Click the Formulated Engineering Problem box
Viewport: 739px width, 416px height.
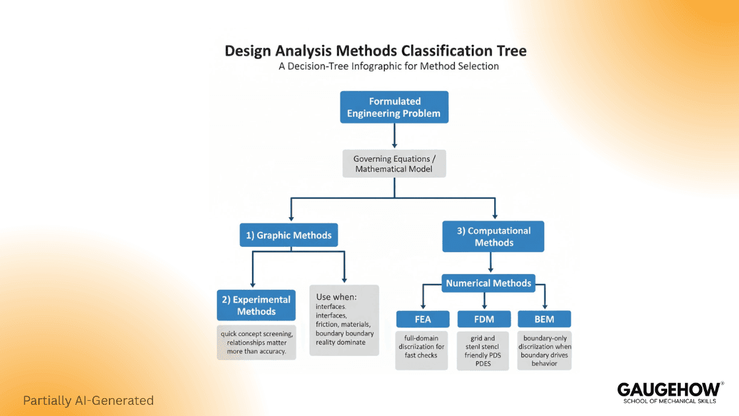click(394, 108)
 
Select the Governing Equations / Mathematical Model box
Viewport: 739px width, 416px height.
click(394, 164)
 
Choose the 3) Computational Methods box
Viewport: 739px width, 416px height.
click(494, 236)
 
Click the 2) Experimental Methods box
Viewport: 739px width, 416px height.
click(256, 305)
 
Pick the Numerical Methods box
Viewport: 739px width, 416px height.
click(488, 283)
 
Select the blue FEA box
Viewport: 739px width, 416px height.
click(422, 320)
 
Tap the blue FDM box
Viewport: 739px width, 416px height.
click(484, 320)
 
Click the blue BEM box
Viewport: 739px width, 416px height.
click(544, 320)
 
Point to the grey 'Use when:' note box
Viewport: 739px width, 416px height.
click(344, 320)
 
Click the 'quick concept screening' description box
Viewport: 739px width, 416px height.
click(257, 342)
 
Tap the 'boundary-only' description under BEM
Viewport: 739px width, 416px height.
click(544, 350)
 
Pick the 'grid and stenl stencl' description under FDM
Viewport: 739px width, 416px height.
click(484, 351)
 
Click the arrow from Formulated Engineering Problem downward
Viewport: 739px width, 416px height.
click(394, 136)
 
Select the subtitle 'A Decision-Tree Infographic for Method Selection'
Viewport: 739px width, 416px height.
click(388, 67)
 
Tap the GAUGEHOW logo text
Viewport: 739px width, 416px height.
click(668, 389)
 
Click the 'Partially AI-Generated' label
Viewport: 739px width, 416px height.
click(88, 400)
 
